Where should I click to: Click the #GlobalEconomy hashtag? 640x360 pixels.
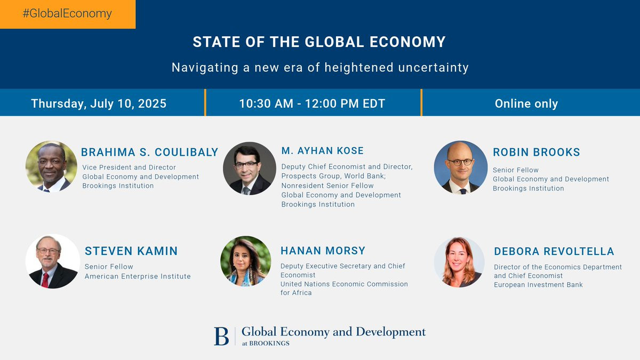(x=67, y=14)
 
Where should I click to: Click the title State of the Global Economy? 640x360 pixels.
(x=319, y=42)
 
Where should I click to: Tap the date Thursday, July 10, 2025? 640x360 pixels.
(x=99, y=103)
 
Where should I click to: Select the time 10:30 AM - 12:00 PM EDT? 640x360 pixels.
(x=312, y=103)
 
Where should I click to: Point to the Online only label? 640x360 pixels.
(x=526, y=103)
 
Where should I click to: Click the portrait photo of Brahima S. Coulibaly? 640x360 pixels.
(x=51, y=166)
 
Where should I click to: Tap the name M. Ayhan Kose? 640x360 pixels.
(x=322, y=150)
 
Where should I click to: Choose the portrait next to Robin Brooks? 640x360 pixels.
(x=461, y=167)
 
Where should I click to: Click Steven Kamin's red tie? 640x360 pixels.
(x=45, y=279)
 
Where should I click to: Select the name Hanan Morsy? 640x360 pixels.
(x=323, y=251)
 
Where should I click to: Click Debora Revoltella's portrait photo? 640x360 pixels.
(x=459, y=262)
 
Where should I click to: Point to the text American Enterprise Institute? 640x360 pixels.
(x=138, y=276)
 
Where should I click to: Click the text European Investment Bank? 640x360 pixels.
(x=538, y=285)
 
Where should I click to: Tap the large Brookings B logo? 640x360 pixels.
(x=221, y=337)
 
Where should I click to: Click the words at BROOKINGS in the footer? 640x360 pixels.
(x=266, y=343)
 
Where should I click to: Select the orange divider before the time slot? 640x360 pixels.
(x=205, y=102)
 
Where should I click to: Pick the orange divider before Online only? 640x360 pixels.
(x=421, y=102)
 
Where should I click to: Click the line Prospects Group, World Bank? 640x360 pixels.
(x=333, y=176)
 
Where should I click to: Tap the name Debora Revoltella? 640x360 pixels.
(x=554, y=251)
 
